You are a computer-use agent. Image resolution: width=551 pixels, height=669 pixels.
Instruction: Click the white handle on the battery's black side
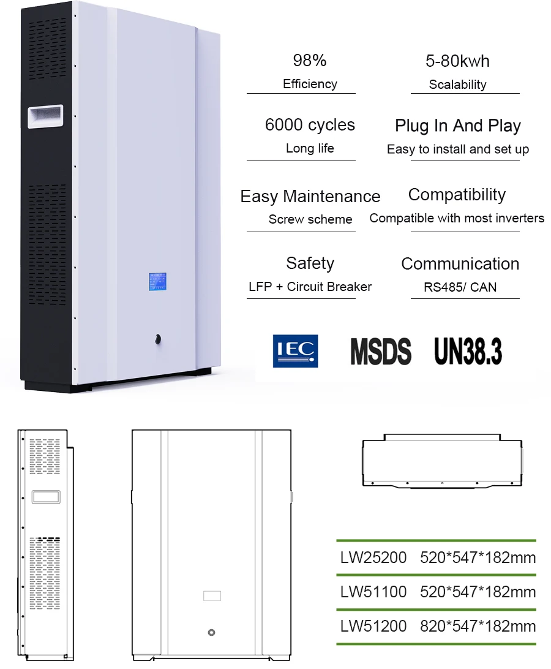coord(45,115)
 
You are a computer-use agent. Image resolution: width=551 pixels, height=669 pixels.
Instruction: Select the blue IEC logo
coord(295,351)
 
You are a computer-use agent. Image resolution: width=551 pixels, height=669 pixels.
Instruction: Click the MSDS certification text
coord(380,351)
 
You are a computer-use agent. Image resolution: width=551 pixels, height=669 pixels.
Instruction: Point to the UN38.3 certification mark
coord(468,350)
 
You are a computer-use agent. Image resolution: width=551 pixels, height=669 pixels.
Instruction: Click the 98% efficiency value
coord(310,61)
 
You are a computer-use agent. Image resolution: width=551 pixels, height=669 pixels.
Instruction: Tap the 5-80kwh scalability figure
coord(457,61)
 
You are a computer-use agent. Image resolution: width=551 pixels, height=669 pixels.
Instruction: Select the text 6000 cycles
coord(310,125)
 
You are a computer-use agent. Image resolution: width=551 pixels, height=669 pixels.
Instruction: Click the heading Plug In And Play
coord(457,126)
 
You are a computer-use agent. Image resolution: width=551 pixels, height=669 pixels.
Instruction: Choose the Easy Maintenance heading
coord(310,197)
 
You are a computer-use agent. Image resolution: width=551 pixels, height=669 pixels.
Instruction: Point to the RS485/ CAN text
coord(460,287)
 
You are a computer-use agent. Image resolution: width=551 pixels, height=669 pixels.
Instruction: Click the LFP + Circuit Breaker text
coord(310,286)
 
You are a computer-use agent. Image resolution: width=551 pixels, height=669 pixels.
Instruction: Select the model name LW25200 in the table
coord(373,557)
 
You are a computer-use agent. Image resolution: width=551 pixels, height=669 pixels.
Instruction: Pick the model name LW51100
coord(373,592)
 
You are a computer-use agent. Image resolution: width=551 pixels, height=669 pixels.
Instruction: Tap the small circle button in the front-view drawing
coord(212,632)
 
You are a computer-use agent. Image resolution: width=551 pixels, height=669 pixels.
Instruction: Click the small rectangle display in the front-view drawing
coord(212,595)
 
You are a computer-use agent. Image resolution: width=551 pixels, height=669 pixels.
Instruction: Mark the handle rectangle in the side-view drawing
coord(46,497)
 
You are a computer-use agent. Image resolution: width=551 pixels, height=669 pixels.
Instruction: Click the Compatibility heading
coord(457,195)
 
